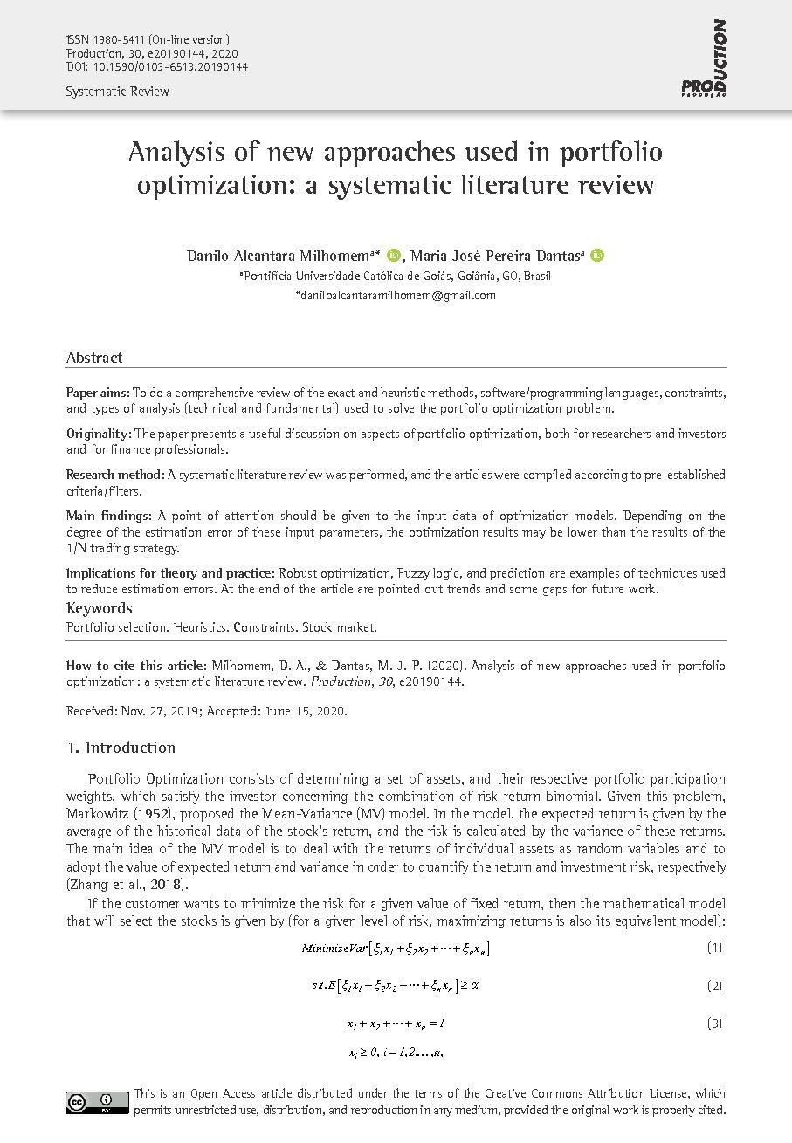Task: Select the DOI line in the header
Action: coord(157,66)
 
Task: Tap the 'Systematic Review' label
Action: coord(118,92)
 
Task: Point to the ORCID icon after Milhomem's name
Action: coord(393,256)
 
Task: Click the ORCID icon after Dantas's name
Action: coord(597,256)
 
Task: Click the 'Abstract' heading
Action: coord(94,358)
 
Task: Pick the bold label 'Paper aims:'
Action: coord(98,394)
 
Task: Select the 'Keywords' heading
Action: coord(100,608)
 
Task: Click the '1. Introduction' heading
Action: coord(121,748)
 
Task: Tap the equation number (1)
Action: coord(714,948)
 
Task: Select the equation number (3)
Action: coord(714,1023)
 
